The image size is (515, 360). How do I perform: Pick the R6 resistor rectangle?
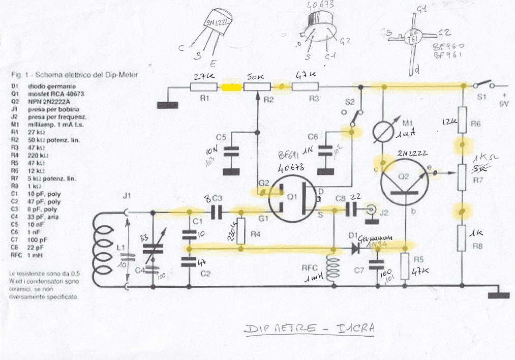tap(462, 118)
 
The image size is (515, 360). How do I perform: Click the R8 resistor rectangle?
tap(462, 239)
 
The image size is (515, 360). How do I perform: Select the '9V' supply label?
tap(503, 104)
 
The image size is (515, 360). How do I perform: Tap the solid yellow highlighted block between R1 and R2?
tap(232, 87)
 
